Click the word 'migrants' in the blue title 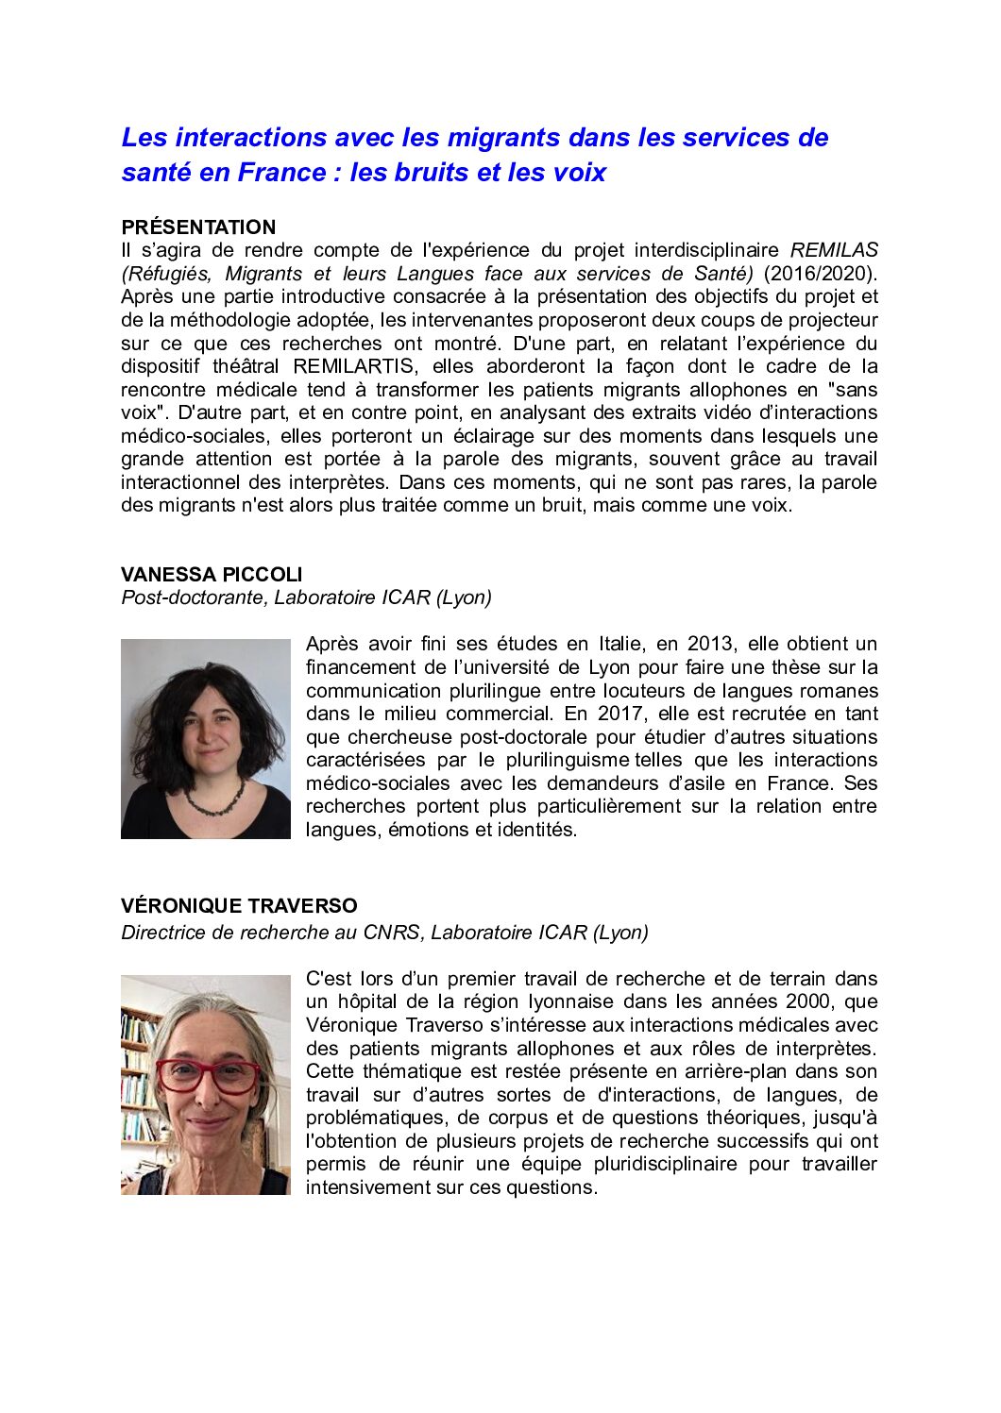click(503, 138)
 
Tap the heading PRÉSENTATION click(198, 227)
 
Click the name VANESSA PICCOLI click(212, 574)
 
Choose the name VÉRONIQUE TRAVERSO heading click(239, 906)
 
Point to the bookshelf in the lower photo click(138, 1076)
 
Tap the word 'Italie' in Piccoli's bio click(620, 644)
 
